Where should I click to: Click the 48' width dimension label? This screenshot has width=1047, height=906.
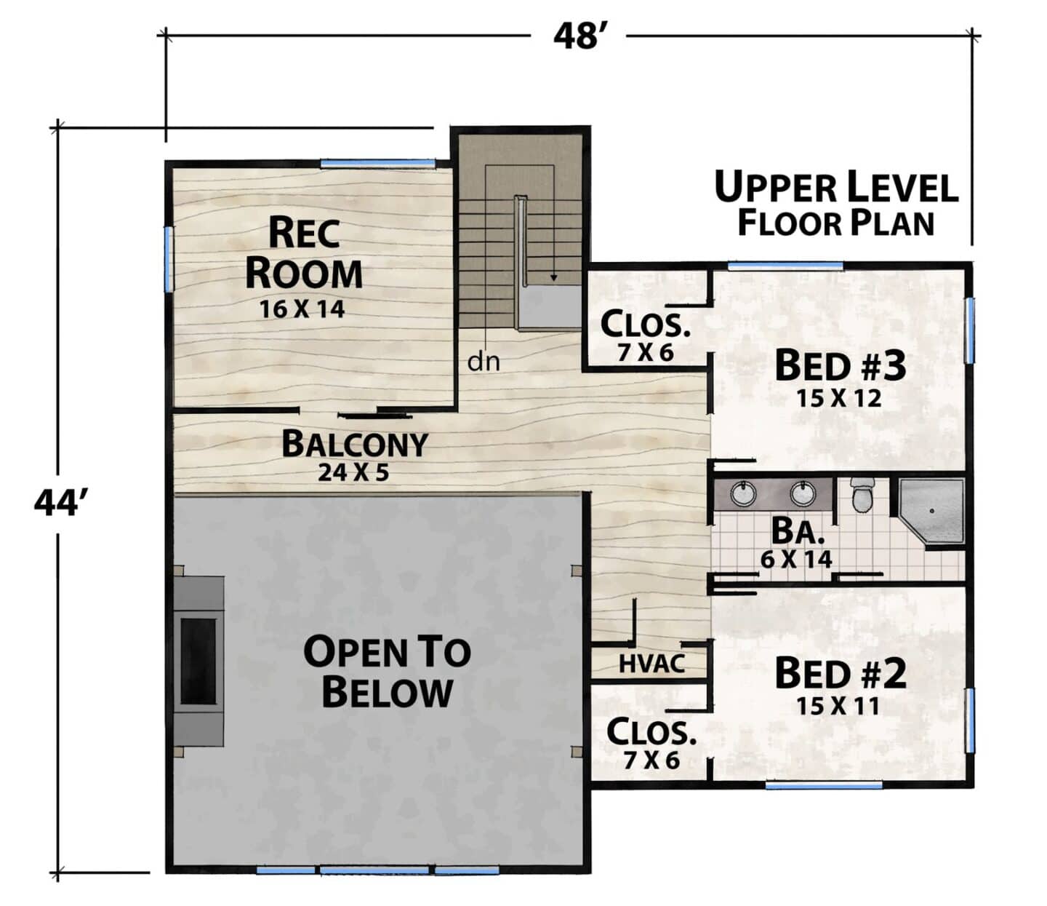point(579,36)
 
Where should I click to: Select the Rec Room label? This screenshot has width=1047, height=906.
point(304,253)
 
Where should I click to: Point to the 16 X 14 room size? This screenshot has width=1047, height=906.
point(302,309)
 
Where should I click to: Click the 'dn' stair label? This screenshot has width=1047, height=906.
point(484,362)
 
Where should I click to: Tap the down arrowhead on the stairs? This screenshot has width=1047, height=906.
point(553,278)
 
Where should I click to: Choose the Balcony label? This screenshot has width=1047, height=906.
point(355,444)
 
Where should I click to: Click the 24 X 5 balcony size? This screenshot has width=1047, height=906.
point(353,472)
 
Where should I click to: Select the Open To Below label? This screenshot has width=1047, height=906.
point(387,672)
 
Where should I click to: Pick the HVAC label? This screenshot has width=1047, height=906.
point(652,664)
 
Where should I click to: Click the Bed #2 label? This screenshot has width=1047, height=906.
point(841,673)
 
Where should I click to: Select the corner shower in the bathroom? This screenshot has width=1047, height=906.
point(931,511)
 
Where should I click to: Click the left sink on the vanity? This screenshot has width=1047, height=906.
point(743,493)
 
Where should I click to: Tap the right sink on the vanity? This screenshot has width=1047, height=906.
point(803,493)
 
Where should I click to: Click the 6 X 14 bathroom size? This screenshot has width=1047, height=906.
point(796,559)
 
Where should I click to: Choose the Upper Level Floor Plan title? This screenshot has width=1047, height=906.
point(836,204)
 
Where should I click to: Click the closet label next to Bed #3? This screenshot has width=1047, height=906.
point(646,325)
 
